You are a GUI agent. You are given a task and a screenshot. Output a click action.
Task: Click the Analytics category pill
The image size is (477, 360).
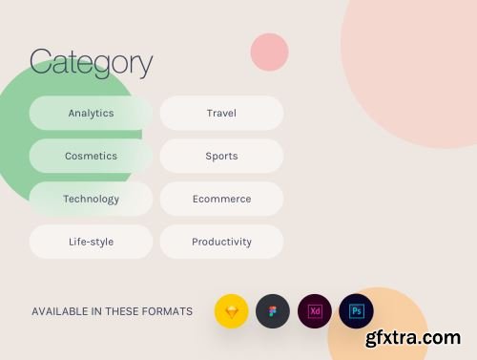(91, 113)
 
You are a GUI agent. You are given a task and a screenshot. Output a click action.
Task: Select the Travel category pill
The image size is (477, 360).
(221, 113)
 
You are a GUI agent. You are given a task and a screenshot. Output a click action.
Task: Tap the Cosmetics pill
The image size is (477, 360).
(91, 156)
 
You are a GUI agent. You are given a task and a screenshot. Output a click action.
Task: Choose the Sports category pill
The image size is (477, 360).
(221, 156)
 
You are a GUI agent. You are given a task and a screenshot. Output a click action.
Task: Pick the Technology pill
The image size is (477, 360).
(91, 199)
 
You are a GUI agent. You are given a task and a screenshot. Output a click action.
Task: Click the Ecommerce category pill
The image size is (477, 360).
(221, 199)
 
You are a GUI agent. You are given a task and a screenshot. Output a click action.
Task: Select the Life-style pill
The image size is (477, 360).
(91, 242)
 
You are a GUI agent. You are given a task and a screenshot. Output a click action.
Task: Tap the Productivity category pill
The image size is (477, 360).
(221, 242)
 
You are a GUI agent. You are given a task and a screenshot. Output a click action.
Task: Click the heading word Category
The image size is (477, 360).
(91, 63)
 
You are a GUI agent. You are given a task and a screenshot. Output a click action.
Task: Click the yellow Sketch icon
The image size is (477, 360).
(231, 311)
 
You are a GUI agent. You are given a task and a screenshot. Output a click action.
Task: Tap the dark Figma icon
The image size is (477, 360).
(273, 311)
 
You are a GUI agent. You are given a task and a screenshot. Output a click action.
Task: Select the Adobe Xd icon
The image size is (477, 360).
(315, 311)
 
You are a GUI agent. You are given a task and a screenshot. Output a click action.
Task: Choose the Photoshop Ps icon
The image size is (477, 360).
(356, 311)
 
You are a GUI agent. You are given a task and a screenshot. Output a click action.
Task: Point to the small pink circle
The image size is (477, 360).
(269, 52)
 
